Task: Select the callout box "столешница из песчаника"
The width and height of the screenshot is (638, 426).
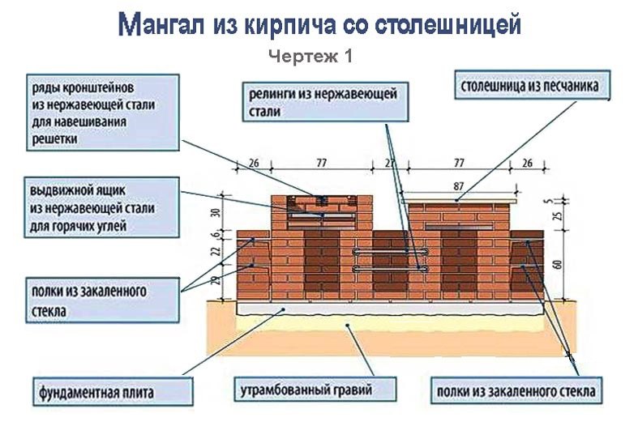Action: pyautogui.click(x=530, y=85)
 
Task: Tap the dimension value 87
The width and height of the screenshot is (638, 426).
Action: pyautogui.click(x=460, y=185)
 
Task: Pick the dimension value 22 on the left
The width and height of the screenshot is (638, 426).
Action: pyautogui.click(x=215, y=252)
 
